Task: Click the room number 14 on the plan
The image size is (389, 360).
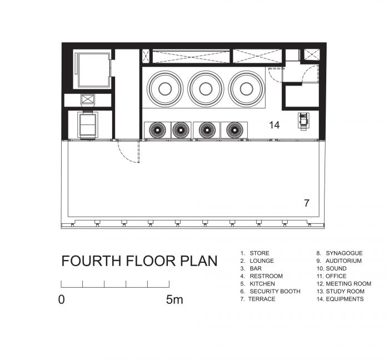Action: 275,125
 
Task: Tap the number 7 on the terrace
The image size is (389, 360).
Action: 307,203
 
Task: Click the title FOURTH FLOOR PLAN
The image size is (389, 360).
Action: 139,261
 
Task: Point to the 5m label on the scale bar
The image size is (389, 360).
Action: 174,299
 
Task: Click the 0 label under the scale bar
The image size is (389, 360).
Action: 61,299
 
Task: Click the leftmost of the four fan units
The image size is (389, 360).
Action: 157,130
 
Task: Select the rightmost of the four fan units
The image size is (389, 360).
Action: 235,130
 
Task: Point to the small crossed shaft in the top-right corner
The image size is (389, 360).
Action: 312,54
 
